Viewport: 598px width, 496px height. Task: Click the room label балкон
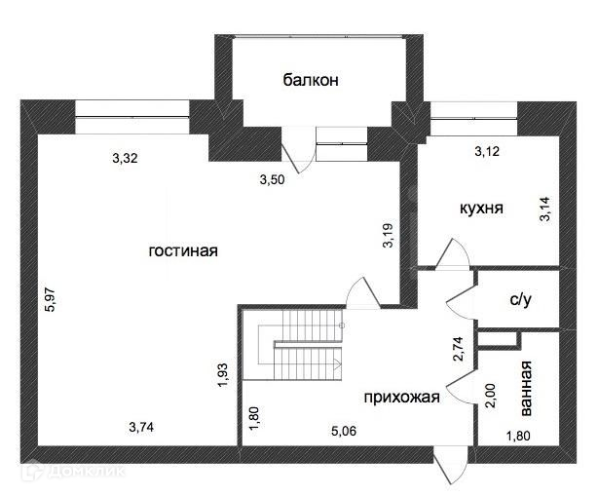[x=311, y=80]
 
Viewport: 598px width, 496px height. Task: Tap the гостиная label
[x=182, y=250]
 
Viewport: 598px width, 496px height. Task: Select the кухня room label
[x=481, y=208]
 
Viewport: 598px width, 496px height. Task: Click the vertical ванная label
[x=526, y=387]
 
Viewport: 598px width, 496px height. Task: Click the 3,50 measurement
[x=274, y=179]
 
